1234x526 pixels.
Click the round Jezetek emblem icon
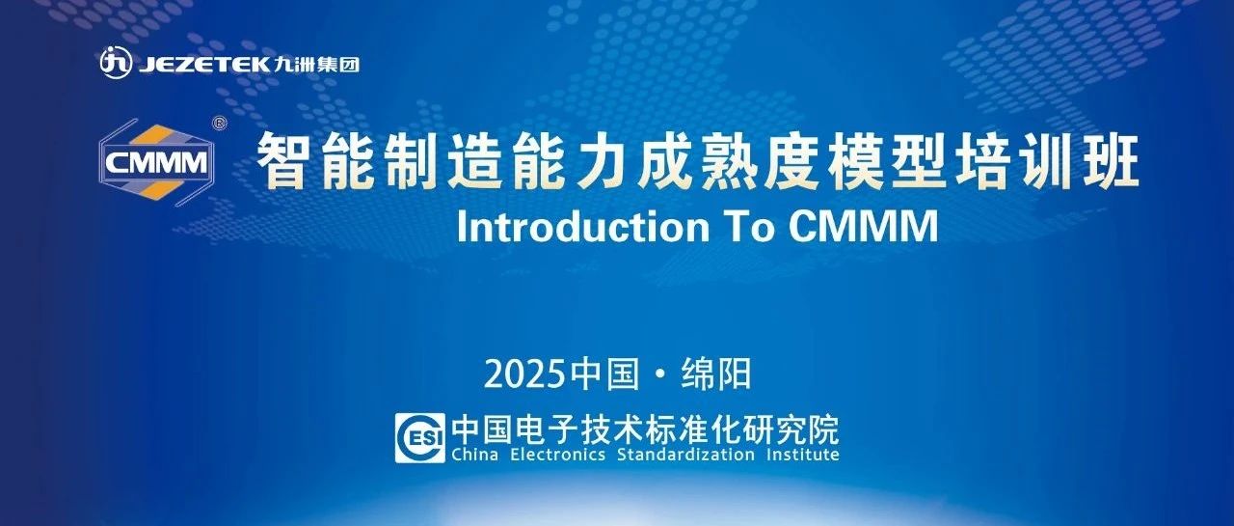[x=116, y=63]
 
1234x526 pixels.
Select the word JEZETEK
[x=204, y=65]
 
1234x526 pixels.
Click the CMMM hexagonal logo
[x=156, y=162]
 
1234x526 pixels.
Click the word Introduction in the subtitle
[x=583, y=227]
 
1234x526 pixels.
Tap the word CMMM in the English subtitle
[x=863, y=227]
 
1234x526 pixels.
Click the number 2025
[x=525, y=374]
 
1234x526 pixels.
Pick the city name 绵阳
[x=716, y=374]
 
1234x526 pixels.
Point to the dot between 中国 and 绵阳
[x=660, y=374]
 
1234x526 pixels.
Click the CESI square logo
[x=419, y=438]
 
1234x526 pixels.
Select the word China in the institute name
[x=475, y=455]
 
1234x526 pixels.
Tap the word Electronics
[x=557, y=455]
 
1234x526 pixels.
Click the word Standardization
[x=685, y=455]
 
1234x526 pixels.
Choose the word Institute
[x=803, y=455]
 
